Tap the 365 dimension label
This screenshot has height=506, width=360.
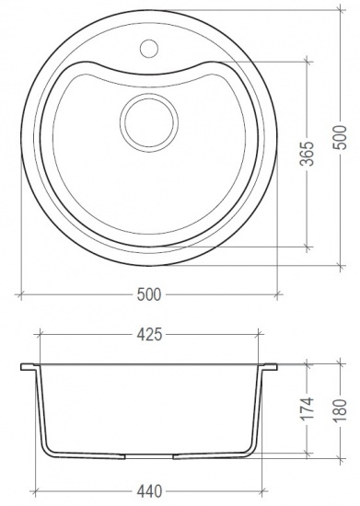point(307,154)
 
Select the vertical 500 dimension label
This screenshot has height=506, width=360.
point(341,137)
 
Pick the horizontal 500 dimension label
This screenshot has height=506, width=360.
point(149,294)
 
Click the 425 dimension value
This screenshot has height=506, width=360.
point(149,335)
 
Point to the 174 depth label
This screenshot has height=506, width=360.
point(307,408)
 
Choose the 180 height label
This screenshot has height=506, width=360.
point(341,410)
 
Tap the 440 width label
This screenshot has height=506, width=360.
point(149,491)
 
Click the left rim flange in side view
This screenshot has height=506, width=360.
point(29,367)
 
